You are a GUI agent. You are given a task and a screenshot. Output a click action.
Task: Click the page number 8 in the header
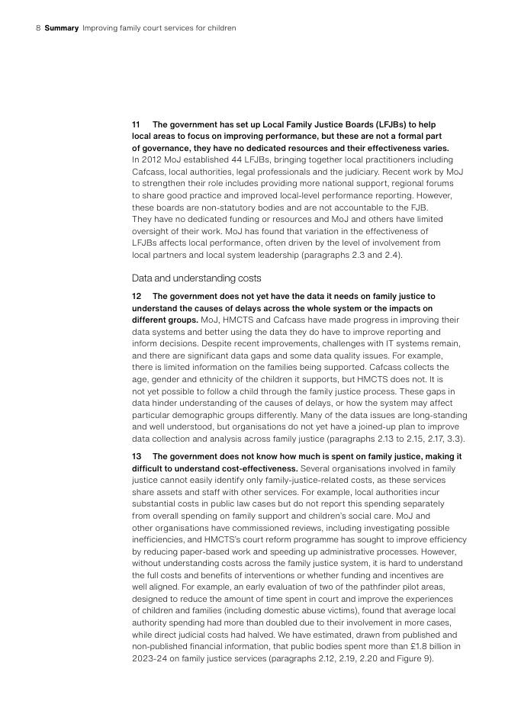click(38, 28)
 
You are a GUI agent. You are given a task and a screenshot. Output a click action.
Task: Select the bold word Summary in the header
click(61, 28)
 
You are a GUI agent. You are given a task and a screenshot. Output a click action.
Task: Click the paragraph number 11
click(137, 124)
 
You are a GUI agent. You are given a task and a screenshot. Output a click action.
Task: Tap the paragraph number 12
click(137, 296)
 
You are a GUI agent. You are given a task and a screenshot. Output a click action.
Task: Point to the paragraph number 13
click(137, 456)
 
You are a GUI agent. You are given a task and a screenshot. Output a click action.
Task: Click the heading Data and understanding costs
click(196, 278)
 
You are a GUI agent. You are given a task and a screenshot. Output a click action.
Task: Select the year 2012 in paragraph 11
click(153, 160)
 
